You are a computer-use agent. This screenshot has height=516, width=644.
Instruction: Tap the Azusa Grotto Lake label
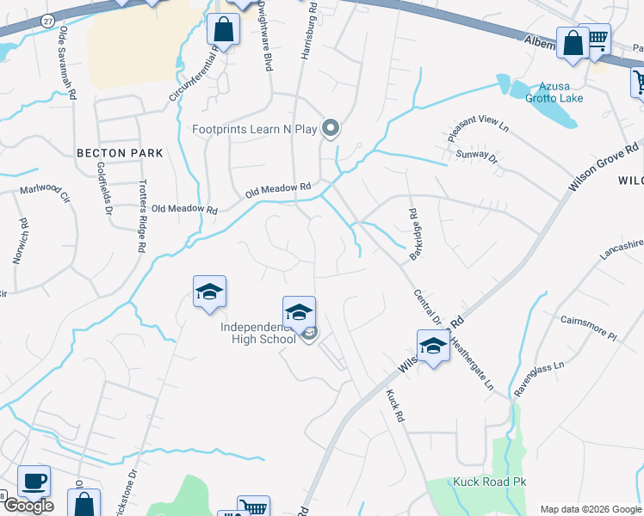(x=555, y=92)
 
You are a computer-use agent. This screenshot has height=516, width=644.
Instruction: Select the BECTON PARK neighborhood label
(x=120, y=152)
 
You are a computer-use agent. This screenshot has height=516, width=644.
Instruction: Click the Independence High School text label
(x=263, y=333)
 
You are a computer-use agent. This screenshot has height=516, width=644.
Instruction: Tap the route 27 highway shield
(x=47, y=19)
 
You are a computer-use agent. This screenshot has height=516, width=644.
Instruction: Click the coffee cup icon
(x=34, y=482)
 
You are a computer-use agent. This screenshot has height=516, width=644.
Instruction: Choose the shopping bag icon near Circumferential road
(x=223, y=31)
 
